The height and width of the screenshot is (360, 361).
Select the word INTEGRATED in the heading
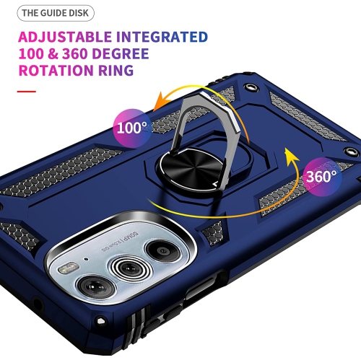tap(163, 37)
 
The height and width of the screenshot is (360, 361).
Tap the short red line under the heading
tap(26, 92)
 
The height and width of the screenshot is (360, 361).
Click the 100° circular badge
tap(132, 128)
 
